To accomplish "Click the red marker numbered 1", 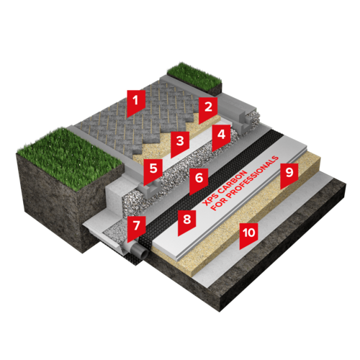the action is (136, 102).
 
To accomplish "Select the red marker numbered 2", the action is (208, 109).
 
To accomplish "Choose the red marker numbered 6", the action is (199, 180).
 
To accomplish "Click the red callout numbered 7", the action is (136, 228).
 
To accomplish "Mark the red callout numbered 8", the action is (187, 221).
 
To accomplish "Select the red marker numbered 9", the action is (289, 174).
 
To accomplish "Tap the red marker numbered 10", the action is (249, 235).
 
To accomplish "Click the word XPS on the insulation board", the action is (210, 199).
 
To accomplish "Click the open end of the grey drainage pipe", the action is (143, 254).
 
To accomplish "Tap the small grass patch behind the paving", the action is (194, 76).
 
